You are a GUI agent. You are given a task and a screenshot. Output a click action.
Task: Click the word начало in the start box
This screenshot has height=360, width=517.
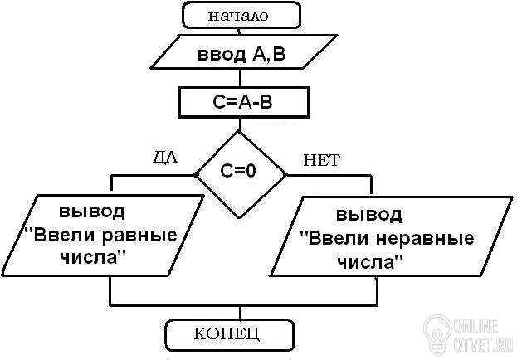tap(238, 16)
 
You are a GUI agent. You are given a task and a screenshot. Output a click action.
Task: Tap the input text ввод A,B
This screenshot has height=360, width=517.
tap(241, 54)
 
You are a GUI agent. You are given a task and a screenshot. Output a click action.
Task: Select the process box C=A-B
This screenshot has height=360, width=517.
tap(244, 102)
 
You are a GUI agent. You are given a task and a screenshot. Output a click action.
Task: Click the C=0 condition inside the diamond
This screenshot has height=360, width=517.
tap(238, 171)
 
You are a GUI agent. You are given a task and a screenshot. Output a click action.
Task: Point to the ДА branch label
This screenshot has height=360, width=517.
tap(165, 158)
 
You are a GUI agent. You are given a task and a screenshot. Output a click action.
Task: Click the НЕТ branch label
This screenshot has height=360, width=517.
tap(321, 161)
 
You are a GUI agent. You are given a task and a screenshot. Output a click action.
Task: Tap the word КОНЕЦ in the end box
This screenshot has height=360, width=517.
tap(227, 333)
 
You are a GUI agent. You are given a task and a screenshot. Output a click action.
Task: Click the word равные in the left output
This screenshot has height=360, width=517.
tap(139, 236)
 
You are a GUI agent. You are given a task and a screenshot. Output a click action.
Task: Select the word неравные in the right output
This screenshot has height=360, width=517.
tap(425, 239)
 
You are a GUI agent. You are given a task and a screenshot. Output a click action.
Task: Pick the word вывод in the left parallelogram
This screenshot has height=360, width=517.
tap(92, 211)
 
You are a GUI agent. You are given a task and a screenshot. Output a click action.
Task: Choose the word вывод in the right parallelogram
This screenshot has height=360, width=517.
tap(369, 214)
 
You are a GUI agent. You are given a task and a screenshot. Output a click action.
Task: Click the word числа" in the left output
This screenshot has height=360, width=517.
tap(94, 257)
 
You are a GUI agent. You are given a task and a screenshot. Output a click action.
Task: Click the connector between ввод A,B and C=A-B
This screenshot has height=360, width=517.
tap(240, 78)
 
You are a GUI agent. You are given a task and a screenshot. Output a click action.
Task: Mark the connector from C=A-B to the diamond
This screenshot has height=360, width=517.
tap(240, 124)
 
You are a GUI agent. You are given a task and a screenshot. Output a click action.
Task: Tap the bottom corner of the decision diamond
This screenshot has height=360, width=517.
tap(240, 218)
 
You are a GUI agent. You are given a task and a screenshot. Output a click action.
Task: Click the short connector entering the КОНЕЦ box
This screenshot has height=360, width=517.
tap(240, 313)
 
